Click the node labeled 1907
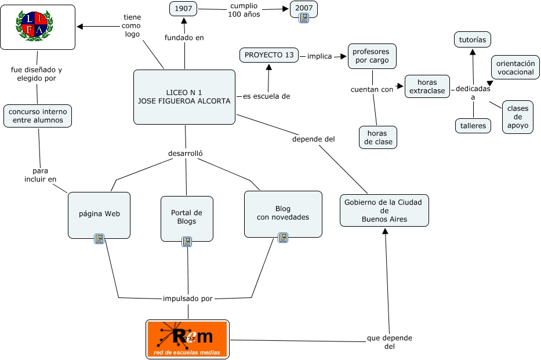pyautogui.click(x=184, y=9)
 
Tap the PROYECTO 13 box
pyautogui.click(x=269, y=56)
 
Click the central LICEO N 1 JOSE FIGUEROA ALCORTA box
pyautogui.click(x=184, y=97)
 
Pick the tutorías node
pyautogui.click(x=472, y=40)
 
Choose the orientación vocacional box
pyautogui.click(x=515, y=68)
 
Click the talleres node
pyautogui.click(x=473, y=126)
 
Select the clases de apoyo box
pyautogui.click(x=517, y=117)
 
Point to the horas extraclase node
pyautogui.click(x=427, y=87)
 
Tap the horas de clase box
pyautogui.click(x=378, y=137)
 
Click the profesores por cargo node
pyautogui.click(x=372, y=56)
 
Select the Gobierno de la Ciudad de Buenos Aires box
pyautogui.click(x=384, y=210)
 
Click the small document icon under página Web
pyautogui.click(x=99, y=238)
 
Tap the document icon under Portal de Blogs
pyautogui.click(x=187, y=241)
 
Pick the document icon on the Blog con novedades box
pyautogui.click(x=283, y=238)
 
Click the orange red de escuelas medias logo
pyautogui.click(x=187, y=339)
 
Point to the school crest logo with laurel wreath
pyautogui.click(x=38, y=27)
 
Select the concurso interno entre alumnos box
pyautogui.click(x=38, y=116)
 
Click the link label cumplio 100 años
pyautogui.click(x=244, y=10)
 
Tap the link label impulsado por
pyautogui.click(x=188, y=299)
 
